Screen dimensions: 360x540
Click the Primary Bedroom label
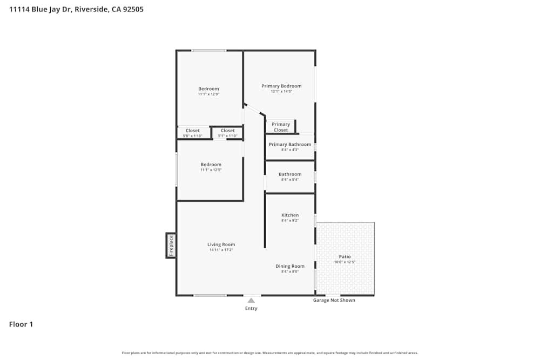pos(281,86)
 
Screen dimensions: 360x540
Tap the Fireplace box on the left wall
pos(171,246)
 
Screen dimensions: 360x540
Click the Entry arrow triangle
pos(251,301)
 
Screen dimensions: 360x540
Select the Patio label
pos(345,256)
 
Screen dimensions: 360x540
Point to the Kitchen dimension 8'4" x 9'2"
pos(290,221)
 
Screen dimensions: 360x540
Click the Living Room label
pos(221,244)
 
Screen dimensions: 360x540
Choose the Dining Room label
pos(290,266)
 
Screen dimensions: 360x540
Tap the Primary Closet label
pos(281,127)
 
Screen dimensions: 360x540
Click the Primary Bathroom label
pos(290,144)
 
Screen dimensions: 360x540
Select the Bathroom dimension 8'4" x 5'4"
pos(290,180)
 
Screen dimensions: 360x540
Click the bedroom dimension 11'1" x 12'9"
pos(208,94)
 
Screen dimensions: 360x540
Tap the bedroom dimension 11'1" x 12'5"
pos(211,170)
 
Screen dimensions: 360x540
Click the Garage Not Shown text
pos(334,300)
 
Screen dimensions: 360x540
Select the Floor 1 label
pos(21,324)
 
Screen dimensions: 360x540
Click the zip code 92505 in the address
pos(132,9)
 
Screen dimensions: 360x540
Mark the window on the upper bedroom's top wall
pos(208,50)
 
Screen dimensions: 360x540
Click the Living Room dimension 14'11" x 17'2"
pos(221,250)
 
